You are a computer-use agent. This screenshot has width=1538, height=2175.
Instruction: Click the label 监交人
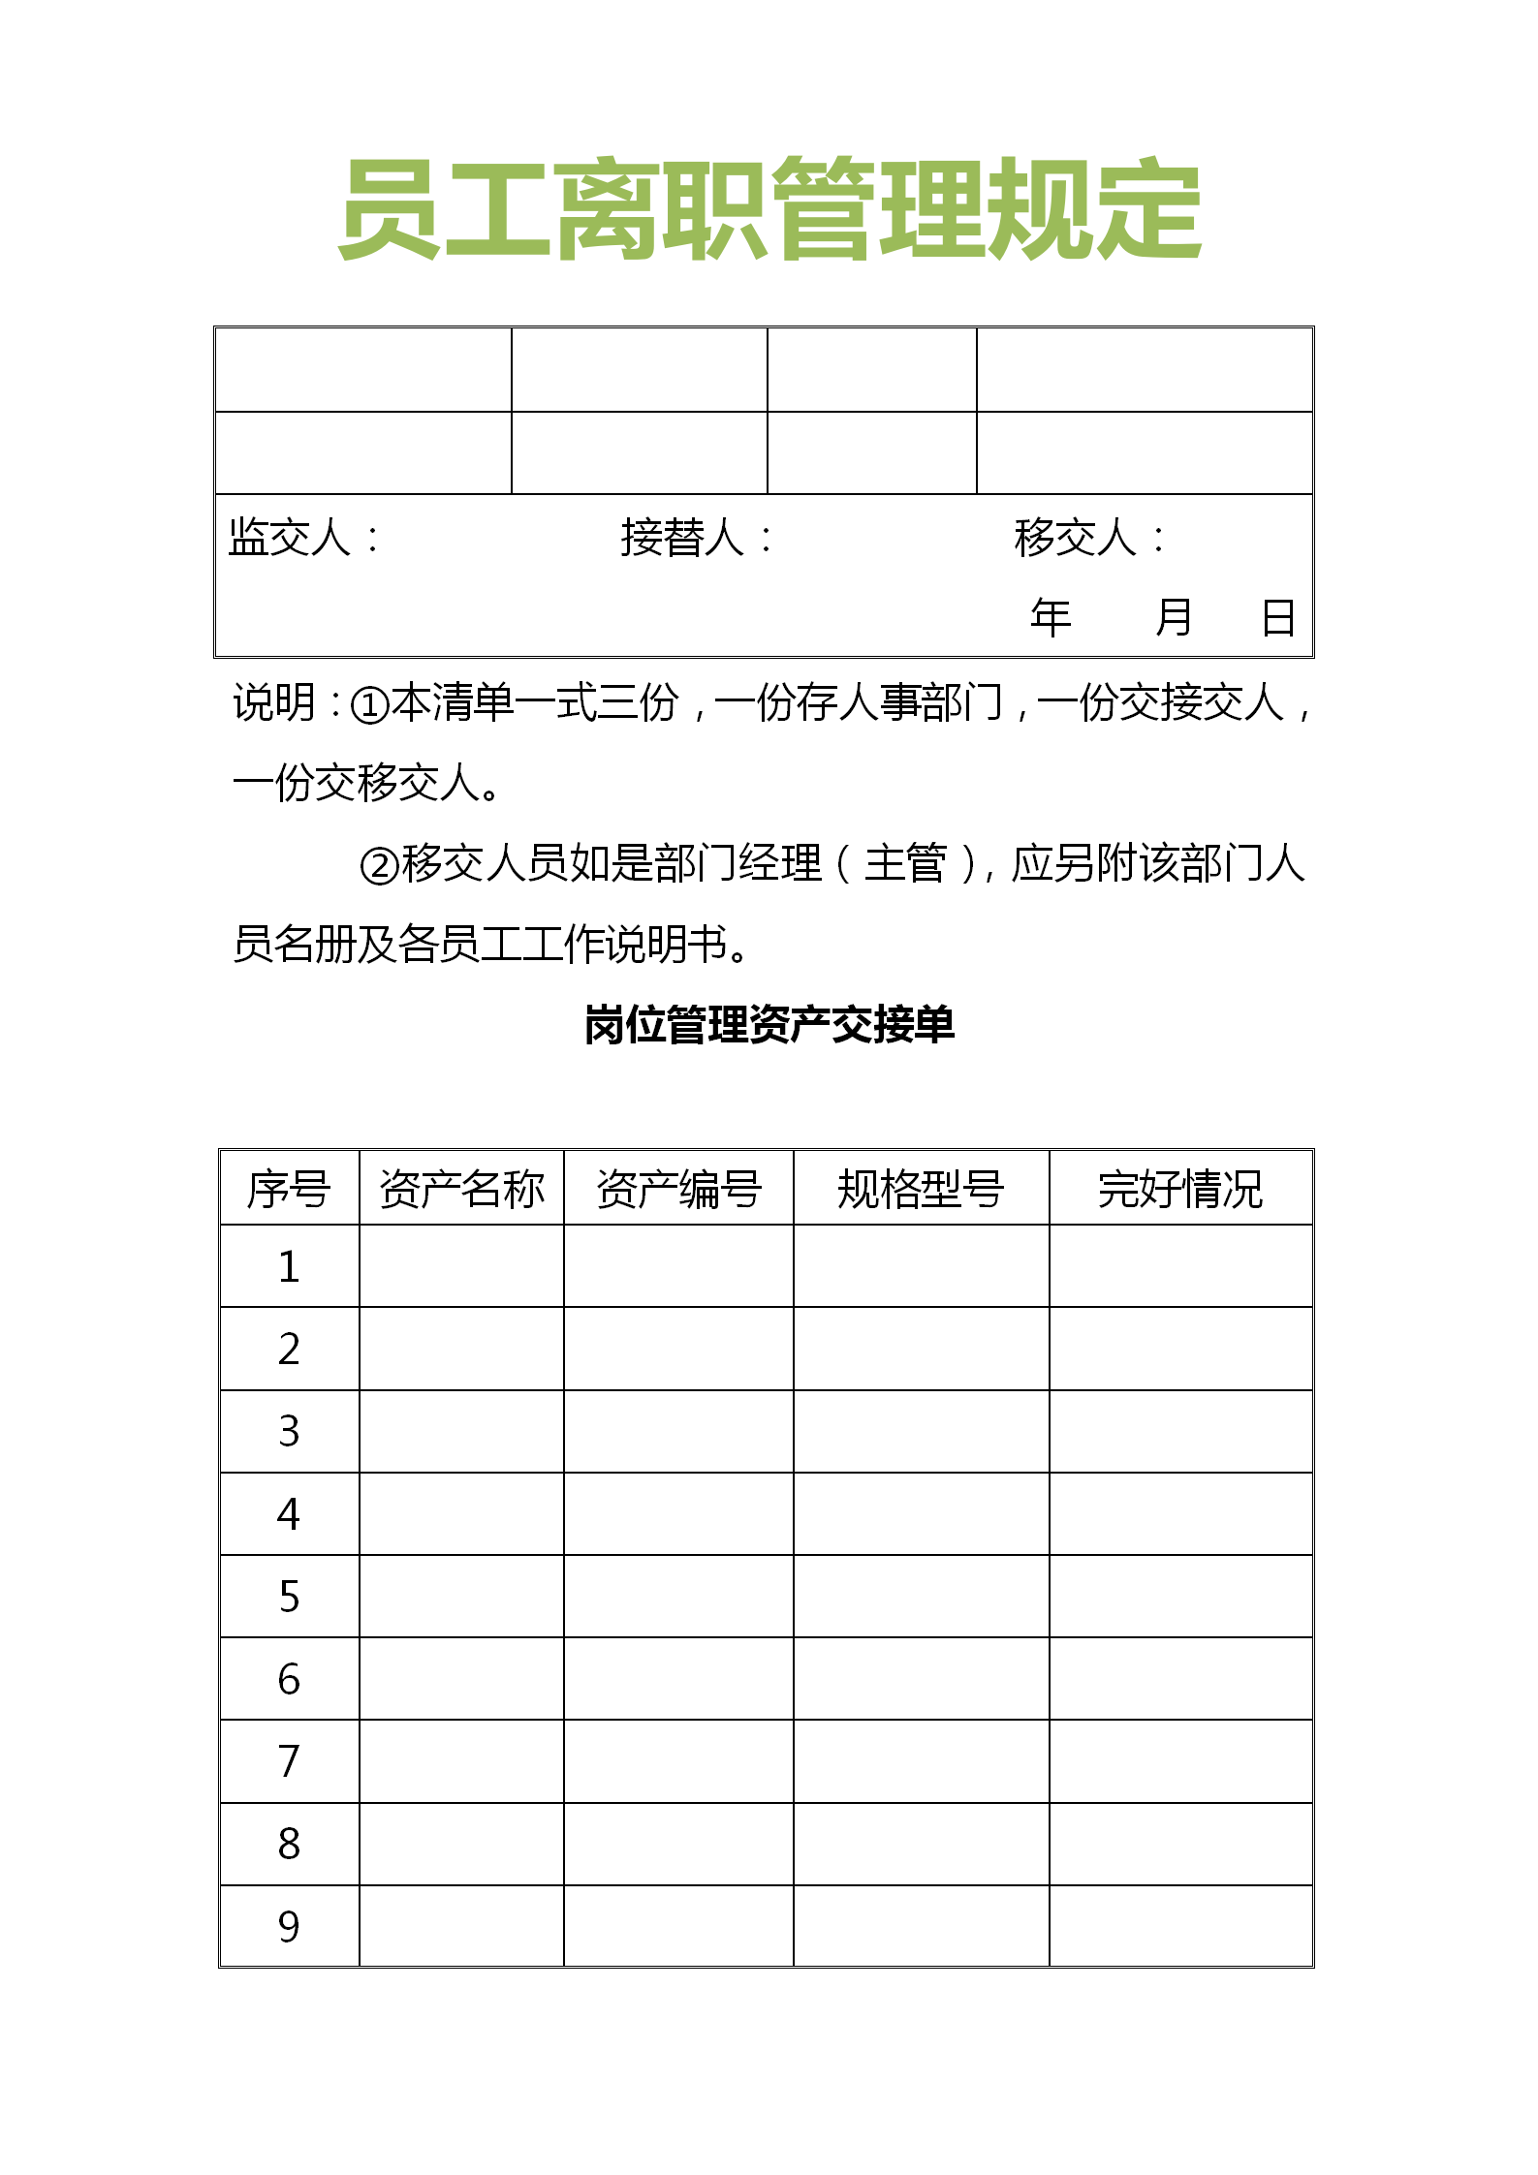(x=290, y=538)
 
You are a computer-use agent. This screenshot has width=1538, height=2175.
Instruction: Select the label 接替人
(x=683, y=538)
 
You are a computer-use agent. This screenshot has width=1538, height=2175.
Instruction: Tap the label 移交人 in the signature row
(x=1076, y=538)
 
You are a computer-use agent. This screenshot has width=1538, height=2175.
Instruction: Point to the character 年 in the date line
(x=1051, y=617)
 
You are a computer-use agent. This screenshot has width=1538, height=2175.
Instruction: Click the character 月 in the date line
(x=1174, y=617)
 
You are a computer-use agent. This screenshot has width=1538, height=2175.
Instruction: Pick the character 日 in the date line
(x=1278, y=617)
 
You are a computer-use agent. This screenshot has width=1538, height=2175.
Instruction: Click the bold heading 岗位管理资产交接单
(x=769, y=1025)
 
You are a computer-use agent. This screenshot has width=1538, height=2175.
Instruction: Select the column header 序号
(x=289, y=1189)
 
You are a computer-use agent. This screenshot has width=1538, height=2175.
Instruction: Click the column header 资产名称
(x=461, y=1189)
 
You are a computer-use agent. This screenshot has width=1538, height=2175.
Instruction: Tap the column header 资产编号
(x=678, y=1189)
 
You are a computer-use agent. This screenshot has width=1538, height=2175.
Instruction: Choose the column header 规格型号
(x=921, y=1189)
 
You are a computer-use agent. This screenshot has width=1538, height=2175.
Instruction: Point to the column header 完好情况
(x=1180, y=1189)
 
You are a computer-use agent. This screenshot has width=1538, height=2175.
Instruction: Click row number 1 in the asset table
(x=289, y=1266)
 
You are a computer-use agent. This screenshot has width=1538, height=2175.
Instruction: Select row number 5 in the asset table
(x=289, y=1597)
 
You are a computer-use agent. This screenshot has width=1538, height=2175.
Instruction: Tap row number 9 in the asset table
(x=289, y=1926)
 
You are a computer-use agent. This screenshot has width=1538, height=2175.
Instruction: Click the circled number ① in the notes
(x=369, y=704)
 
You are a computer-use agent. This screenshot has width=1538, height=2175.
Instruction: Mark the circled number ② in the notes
(x=379, y=865)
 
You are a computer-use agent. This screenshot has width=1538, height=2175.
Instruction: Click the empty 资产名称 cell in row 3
(x=461, y=1432)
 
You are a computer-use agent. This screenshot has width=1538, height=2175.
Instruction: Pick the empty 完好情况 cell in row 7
(x=1180, y=1761)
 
